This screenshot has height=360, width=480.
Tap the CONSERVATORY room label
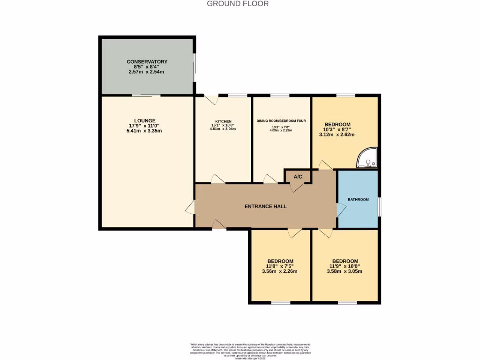[147, 62]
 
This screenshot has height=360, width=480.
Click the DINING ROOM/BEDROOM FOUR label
[281, 121]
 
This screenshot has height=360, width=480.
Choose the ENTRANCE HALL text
[265, 206]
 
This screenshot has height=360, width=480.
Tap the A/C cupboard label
[298, 177]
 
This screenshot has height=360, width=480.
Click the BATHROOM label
[358, 200]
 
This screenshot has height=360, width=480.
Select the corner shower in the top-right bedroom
[367, 159]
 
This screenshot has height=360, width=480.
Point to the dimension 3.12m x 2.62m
[337, 135]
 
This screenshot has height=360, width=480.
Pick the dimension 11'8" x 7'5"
[280, 266]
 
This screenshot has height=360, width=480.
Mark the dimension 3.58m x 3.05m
[345, 271]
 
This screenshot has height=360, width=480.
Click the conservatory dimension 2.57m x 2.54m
[147, 72]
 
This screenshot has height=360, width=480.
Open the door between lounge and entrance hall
[190, 208]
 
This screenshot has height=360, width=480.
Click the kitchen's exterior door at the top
[213, 100]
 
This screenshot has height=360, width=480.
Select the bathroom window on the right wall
[379, 207]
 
